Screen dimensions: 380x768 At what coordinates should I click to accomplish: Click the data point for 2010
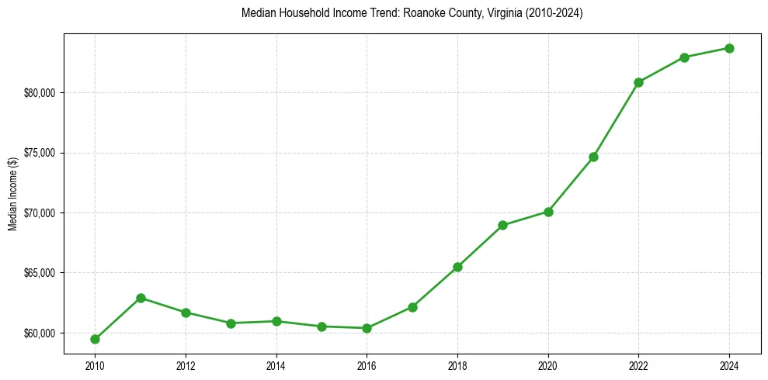click(95, 339)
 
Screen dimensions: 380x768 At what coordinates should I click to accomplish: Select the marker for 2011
click(141, 298)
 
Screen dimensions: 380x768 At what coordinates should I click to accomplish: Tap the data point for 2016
click(367, 328)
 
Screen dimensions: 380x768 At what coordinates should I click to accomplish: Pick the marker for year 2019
click(502, 225)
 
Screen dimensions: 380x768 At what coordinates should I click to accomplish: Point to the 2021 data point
click(593, 157)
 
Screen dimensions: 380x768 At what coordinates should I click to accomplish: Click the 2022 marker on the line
click(638, 82)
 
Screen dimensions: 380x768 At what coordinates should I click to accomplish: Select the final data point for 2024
click(729, 48)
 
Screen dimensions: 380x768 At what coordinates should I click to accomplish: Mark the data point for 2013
click(231, 323)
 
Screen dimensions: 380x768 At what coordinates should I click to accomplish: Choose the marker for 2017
click(412, 307)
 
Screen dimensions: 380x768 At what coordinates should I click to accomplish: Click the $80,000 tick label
click(41, 93)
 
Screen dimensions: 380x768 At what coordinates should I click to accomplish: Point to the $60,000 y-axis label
click(41, 333)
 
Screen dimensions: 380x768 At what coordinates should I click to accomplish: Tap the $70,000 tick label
click(41, 213)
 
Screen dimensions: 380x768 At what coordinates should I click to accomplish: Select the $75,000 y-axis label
click(41, 153)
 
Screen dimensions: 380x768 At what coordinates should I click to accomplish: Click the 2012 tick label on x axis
click(186, 364)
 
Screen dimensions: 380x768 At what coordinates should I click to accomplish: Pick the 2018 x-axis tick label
click(457, 364)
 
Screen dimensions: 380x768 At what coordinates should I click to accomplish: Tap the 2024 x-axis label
click(729, 364)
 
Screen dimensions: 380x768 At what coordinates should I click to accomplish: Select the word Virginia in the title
click(482, 14)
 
